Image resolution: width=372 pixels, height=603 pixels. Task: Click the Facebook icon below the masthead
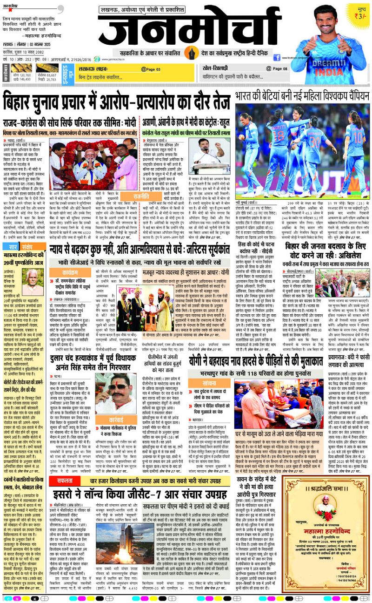(277, 58)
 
